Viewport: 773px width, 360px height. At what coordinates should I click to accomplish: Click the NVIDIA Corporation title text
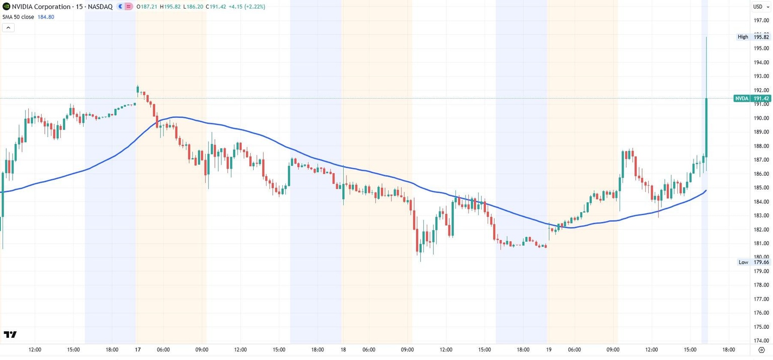(41, 7)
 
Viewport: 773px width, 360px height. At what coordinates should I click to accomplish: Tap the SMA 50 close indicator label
(18, 17)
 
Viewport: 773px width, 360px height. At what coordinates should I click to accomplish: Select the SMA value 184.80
(46, 17)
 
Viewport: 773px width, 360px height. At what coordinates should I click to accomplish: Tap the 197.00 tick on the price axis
(761, 21)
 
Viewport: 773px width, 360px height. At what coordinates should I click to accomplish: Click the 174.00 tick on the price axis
(761, 340)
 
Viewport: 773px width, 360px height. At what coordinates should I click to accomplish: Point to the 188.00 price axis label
(761, 146)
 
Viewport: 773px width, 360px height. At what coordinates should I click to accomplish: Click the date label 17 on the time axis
(138, 349)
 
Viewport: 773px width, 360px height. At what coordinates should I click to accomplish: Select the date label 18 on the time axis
(343, 349)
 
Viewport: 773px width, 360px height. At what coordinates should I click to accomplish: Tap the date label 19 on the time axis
(549, 349)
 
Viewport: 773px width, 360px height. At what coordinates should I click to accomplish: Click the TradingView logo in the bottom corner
(10, 334)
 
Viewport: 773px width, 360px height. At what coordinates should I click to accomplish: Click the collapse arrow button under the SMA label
(9, 28)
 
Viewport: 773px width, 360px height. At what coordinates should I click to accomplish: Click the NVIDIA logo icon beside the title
(6, 7)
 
